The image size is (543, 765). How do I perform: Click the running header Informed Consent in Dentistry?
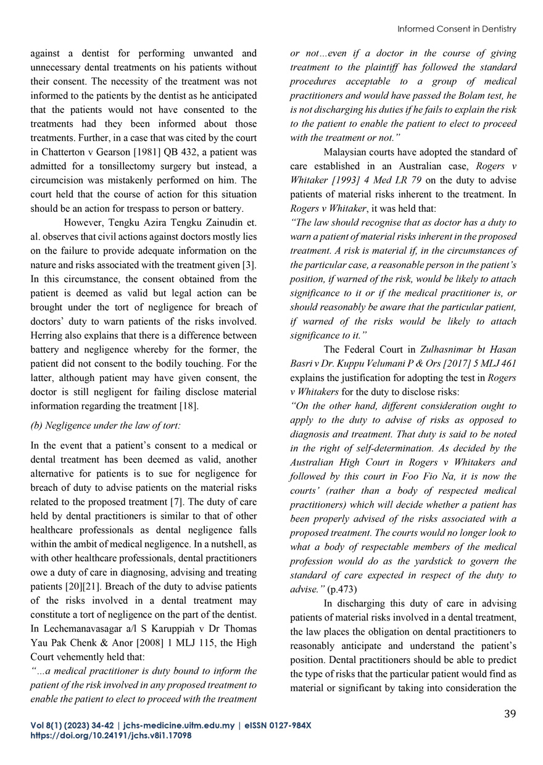tap(456, 29)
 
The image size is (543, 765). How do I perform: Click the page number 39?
tap(510, 714)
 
